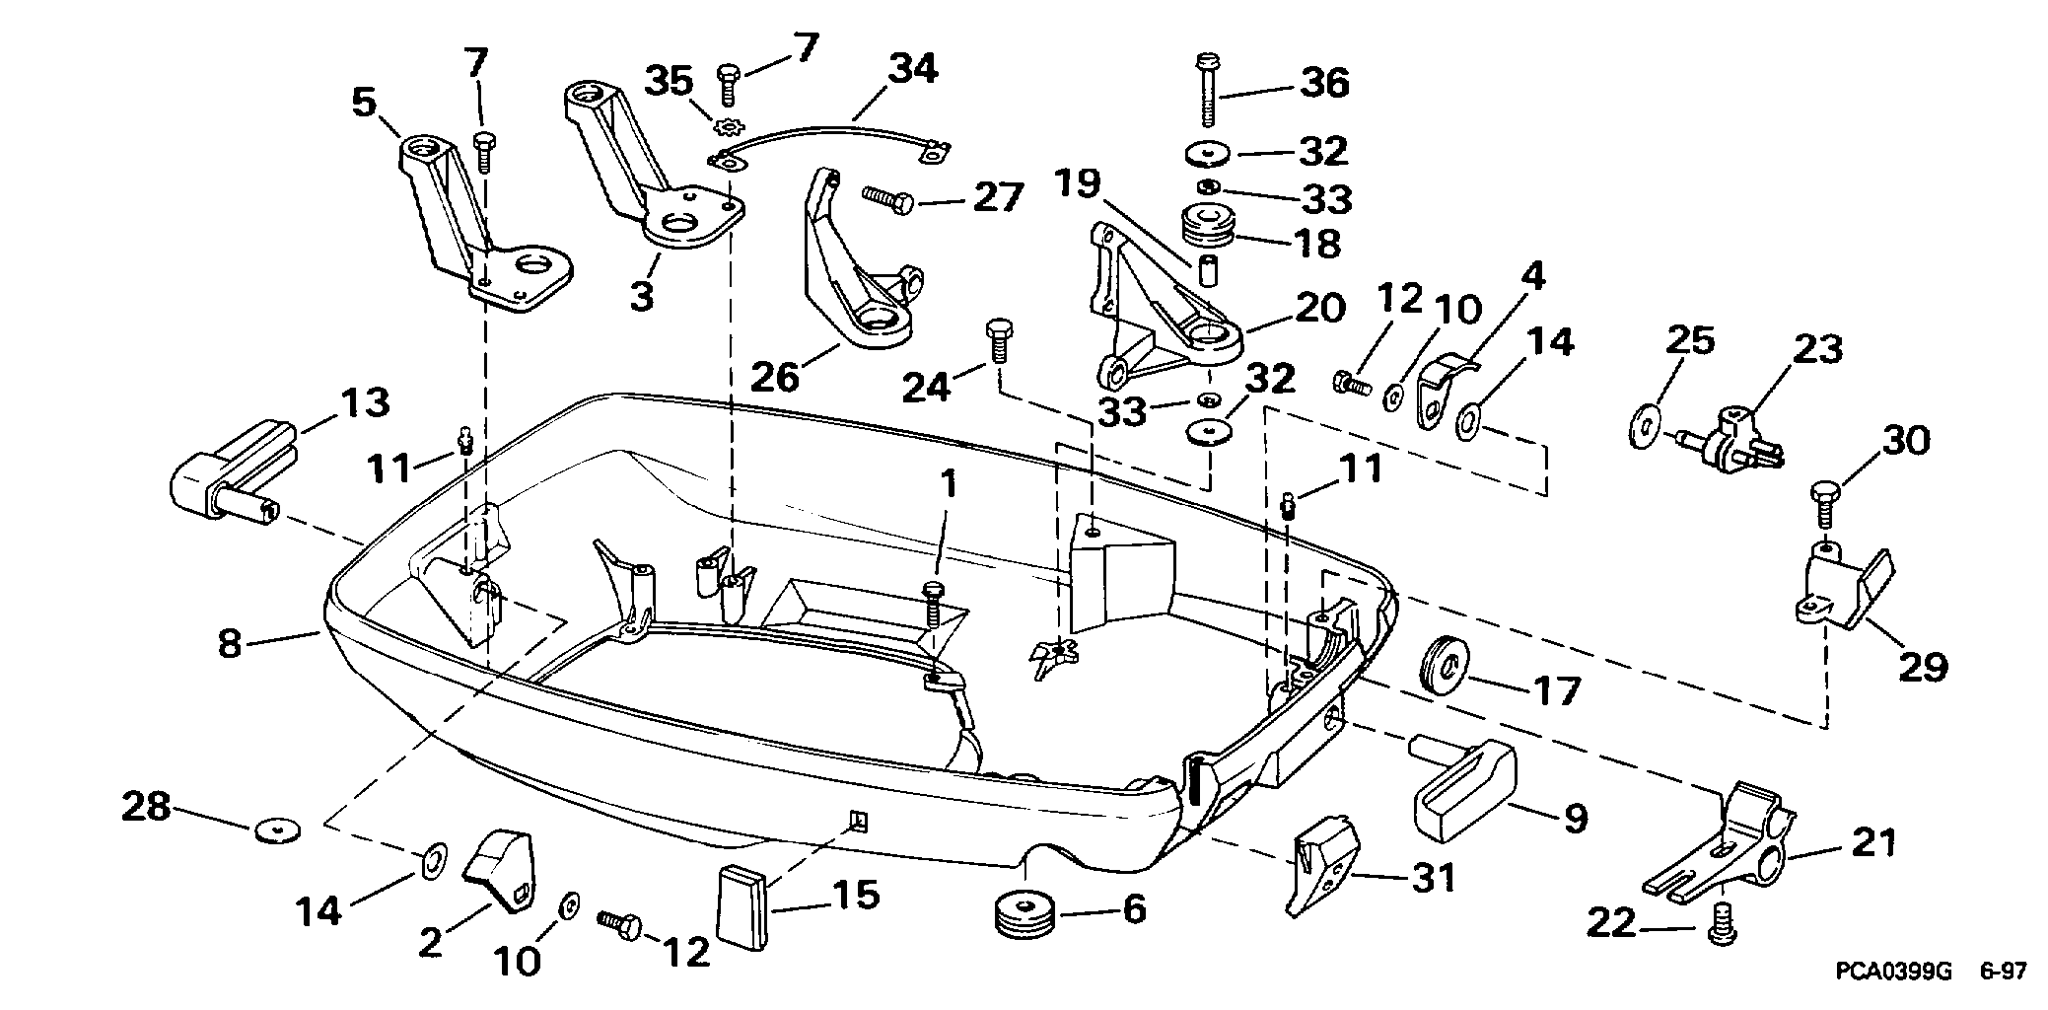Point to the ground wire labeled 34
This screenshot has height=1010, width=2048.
coord(828,134)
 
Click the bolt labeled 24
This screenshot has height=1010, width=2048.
coord(998,340)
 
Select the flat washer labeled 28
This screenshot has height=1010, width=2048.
coord(275,830)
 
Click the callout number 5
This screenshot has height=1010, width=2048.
coord(366,103)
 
